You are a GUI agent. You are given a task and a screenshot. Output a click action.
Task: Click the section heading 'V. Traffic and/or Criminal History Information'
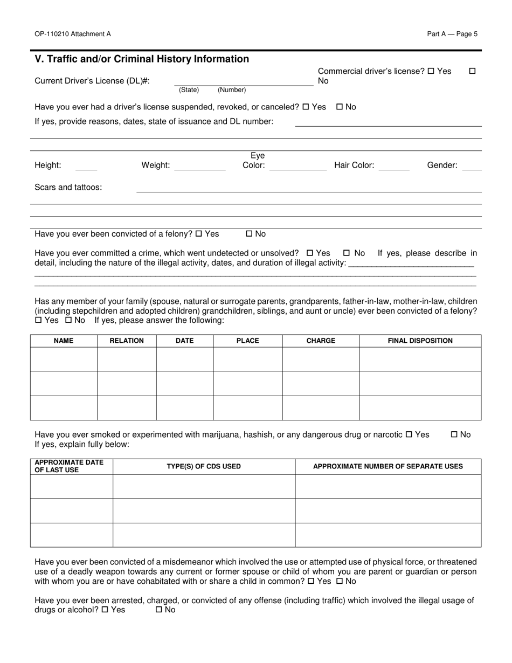tap(142, 59)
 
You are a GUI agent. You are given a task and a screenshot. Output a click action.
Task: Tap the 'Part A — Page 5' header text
tap(452, 34)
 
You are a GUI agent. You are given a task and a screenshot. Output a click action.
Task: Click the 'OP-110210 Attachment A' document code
tap(73, 34)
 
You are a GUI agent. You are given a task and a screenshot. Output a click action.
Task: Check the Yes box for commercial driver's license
tap(431, 71)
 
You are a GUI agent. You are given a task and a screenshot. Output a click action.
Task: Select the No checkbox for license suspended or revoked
tap(340, 107)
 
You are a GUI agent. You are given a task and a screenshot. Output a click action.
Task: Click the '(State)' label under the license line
tap(189, 90)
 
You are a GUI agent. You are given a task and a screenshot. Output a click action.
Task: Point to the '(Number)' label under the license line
tap(232, 90)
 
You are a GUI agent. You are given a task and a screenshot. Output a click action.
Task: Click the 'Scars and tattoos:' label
tap(68, 188)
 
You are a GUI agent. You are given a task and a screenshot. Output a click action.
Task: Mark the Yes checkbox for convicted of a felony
tap(198, 234)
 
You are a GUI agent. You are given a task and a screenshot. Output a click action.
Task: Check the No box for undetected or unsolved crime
tap(347, 253)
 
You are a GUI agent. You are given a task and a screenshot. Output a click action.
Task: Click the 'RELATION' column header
tap(127, 341)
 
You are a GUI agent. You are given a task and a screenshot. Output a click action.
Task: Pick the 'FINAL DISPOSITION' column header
tap(420, 341)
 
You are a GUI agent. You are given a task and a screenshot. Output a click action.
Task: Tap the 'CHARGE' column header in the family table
tap(321, 341)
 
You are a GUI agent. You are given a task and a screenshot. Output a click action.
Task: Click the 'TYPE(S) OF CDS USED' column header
tap(204, 466)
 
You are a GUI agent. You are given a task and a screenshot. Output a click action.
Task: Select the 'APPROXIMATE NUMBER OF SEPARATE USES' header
tap(388, 466)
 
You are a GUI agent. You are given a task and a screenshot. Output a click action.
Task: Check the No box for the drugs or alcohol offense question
tap(159, 610)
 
